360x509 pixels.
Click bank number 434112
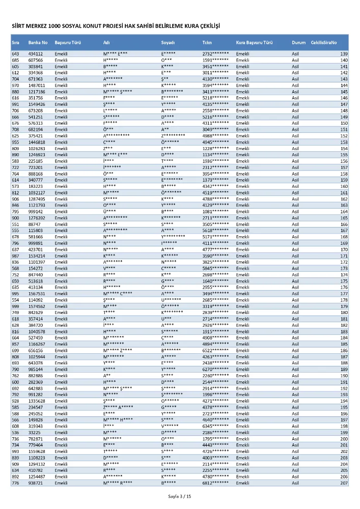tap(36, 54)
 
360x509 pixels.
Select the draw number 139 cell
tap(344, 54)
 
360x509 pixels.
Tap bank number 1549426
tap(37, 104)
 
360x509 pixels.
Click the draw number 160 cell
tap(344, 186)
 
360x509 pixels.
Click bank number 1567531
tap(37, 294)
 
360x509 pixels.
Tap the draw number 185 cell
tap(344, 344)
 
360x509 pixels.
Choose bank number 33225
tap(35, 432)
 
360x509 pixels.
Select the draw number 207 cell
tap(344, 483)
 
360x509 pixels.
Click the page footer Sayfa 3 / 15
tap(180, 496)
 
